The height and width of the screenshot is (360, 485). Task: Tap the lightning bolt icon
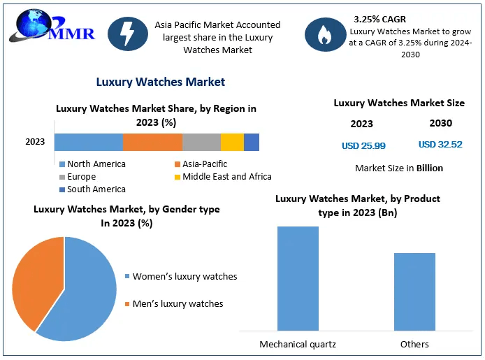[126, 34]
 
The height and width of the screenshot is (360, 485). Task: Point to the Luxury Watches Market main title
[160, 82]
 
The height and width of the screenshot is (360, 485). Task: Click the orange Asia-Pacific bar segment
[152, 142]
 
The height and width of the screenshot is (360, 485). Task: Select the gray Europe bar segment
[201, 142]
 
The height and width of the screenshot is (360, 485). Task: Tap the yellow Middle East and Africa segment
[232, 142]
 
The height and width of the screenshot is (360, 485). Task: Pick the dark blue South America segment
[252, 142]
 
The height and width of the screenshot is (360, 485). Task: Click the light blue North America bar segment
[88, 142]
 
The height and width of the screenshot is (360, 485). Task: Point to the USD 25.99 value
[363, 145]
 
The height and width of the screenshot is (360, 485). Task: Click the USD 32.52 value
[440, 145]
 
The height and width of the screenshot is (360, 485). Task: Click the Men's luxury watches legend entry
[178, 303]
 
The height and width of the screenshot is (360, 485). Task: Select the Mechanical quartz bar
[298, 278]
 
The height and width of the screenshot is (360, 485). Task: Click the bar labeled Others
[414, 291]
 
